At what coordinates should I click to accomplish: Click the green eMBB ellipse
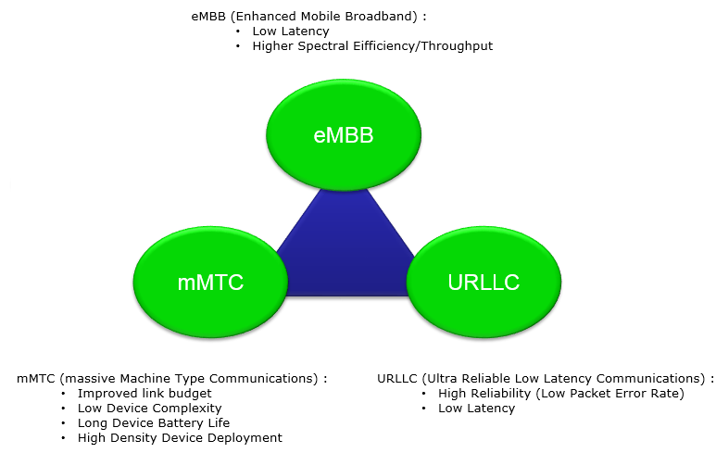pyautogui.click(x=344, y=134)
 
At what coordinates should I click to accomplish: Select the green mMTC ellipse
pyautogui.click(x=210, y=282)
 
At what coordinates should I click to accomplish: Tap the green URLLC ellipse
pyautogui.click(x=484, y=282)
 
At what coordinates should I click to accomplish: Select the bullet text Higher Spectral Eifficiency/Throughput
pyautogui.click(x=372, y=46)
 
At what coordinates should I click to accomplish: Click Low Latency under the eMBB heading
pyautogui.click(x=291, y=31)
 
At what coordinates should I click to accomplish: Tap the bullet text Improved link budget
pyautogui.click(x=144, y=393)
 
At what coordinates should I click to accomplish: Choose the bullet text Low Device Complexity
pyautogui.click(x=149, y=409)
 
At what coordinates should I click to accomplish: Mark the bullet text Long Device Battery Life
pyautogui.click(x=154, y=422)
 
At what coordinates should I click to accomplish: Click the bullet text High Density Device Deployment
pyautogui.click(x=180, y=438)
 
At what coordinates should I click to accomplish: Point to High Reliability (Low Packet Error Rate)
pyautogui.click(x=561, y=393)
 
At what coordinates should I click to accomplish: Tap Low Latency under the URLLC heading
pyautogui.click(x=477, y=409)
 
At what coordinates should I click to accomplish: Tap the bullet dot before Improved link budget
pyautogui.click(x=64, y=394)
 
